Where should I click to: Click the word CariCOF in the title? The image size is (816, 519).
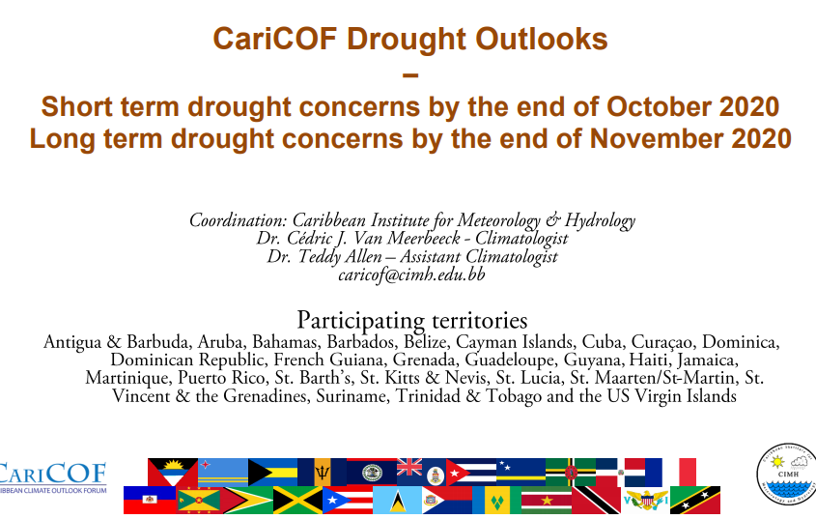275,39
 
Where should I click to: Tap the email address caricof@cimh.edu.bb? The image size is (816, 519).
411,274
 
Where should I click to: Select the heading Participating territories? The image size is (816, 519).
412,321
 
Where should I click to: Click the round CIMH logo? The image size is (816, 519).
787,475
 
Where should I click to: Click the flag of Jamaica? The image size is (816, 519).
297,500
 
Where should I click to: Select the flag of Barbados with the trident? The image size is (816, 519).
323,472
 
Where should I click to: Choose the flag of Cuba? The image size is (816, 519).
471,473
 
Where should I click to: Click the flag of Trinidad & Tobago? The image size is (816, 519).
596,500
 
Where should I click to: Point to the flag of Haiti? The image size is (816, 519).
150,500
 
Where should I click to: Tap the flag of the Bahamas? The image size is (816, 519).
272,472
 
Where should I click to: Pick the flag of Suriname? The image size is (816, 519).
547,500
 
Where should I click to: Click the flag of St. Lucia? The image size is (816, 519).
397,500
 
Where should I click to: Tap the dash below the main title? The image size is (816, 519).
410,75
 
